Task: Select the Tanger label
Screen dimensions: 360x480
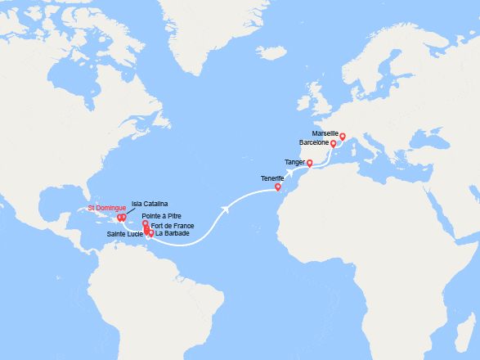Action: [294, 162]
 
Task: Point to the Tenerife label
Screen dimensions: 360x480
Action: [272, 178]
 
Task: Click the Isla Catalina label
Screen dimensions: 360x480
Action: [150, 203]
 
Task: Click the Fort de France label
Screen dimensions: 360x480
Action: [173, 225]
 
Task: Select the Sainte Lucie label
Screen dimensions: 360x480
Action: [125, 234]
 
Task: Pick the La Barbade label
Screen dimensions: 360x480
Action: [173, 234]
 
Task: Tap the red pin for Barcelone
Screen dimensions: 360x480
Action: [333, 143]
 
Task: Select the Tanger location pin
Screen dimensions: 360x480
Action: [309, 162]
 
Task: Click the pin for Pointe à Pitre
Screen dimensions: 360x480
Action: [145, 223]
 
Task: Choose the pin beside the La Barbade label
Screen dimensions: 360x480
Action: [151, 233]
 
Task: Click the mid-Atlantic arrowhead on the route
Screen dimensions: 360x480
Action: [225, 209]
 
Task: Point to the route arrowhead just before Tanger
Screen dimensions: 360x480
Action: [292, 174]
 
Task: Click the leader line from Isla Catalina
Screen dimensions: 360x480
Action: [130, 209]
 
